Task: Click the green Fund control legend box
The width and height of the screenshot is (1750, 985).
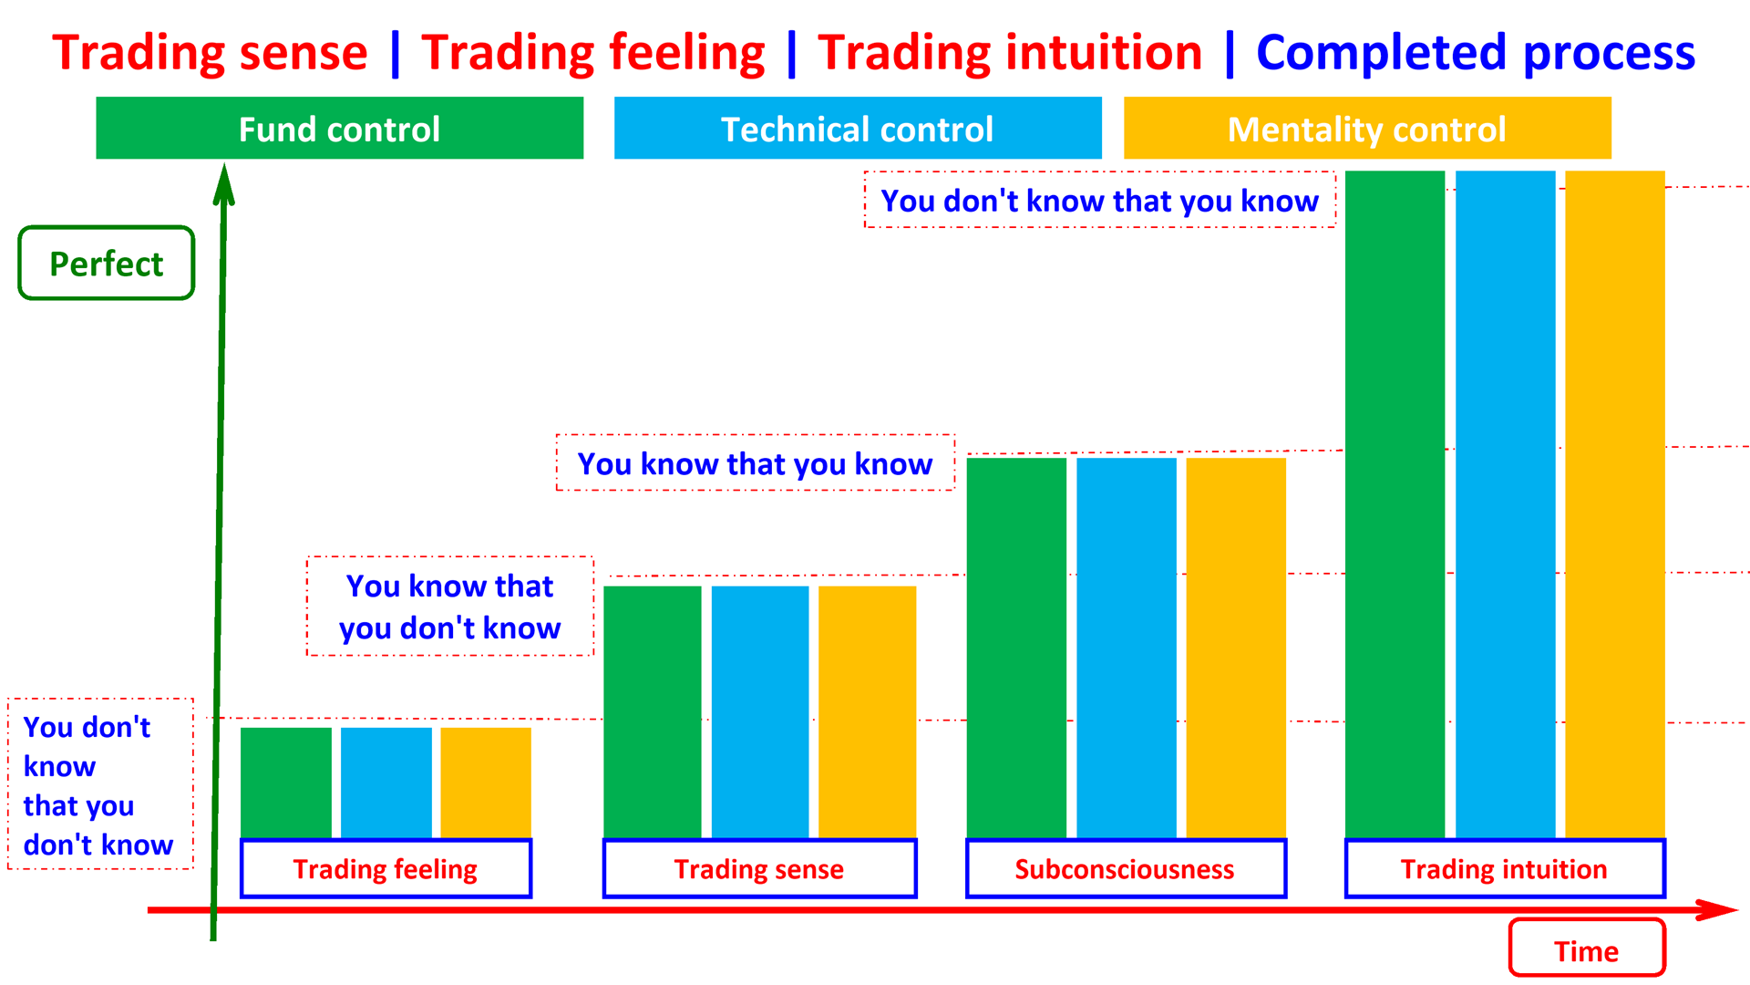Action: tap(339, 129)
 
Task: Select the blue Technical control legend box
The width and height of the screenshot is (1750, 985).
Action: tap(857, 129)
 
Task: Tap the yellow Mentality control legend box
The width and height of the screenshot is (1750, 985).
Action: tap(1366, 129)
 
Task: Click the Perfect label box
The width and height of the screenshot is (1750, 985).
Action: tap(107, 264)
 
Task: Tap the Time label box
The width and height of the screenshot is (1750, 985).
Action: tap(1586, 949)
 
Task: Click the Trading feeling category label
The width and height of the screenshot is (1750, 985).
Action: tap(386, 869)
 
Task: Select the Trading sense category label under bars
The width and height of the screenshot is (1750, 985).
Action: tap(759, 869)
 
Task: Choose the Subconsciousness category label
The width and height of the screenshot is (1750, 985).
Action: tap(1125, 869)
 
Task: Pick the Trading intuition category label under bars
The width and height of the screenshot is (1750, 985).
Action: tap(1504, 869)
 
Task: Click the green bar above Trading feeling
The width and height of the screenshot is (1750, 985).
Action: tap(286, 783)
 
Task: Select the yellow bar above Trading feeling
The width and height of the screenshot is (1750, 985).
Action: tap(486, 783)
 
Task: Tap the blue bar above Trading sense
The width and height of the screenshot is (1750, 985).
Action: tap(760, 711)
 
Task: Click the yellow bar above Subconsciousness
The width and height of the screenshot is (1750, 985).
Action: tap(1236, 648)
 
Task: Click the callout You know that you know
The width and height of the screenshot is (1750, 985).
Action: tap(755, 463)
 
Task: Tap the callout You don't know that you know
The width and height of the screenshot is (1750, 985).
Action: tap(1099, 200)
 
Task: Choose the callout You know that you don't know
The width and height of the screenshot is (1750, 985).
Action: tap(449, 607)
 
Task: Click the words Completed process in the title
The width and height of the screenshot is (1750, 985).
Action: tap(1476, 52)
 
